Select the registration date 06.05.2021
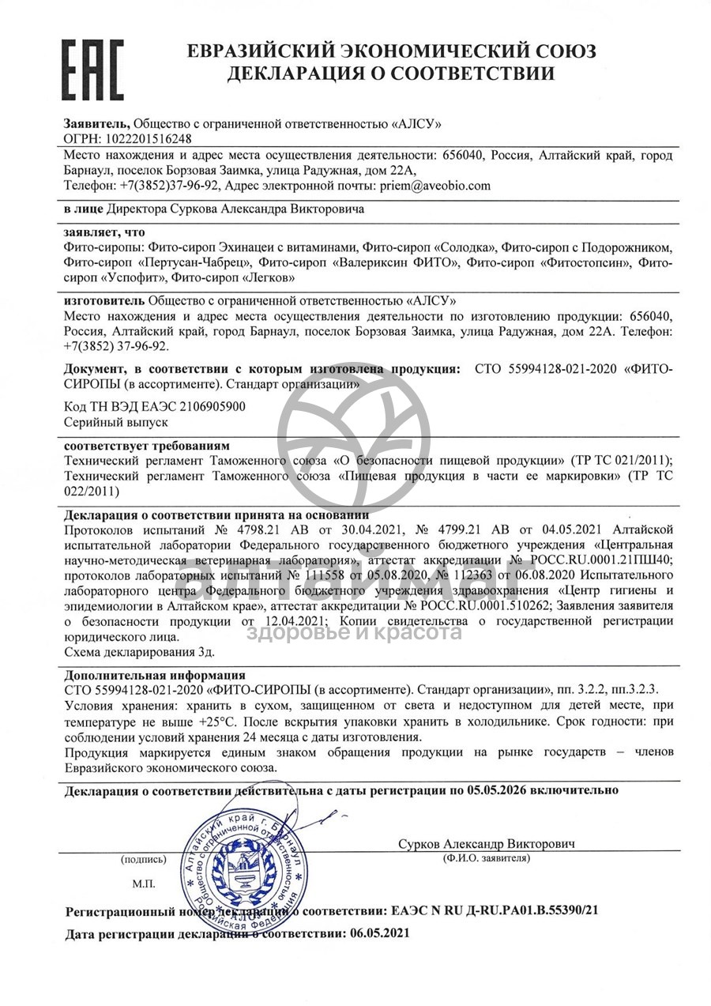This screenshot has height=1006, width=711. coord(374,933)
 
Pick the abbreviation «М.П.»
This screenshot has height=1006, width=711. coord(144,883)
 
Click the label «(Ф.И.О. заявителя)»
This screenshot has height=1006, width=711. coord(487,858)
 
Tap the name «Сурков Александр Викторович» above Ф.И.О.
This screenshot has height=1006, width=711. coord(487,844)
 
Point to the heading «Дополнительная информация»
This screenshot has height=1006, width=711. coord(154,676)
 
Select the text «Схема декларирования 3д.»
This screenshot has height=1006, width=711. coord(138,652)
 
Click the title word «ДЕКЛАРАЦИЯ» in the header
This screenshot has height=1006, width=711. coord(299,74)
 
